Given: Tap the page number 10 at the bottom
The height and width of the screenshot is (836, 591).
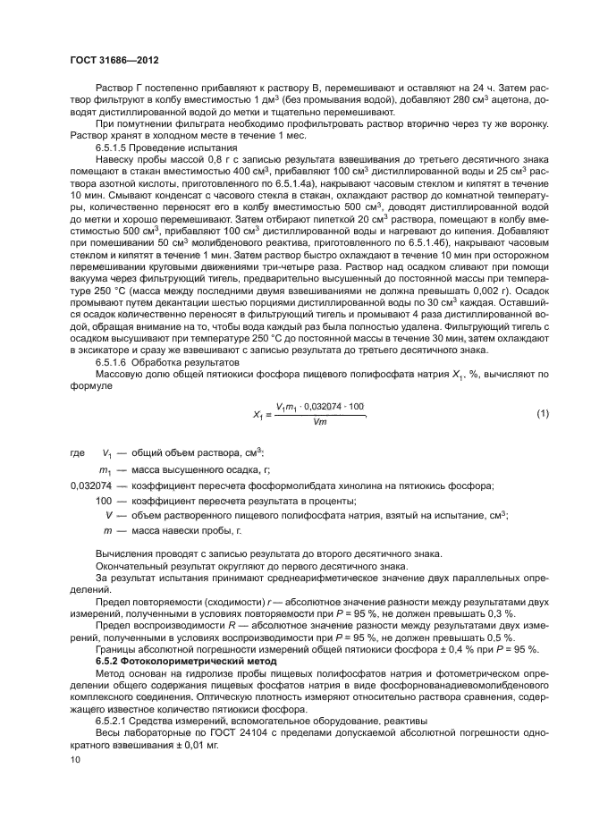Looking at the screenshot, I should [74, 759].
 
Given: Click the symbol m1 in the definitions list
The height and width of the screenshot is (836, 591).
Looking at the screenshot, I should [104, 469].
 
